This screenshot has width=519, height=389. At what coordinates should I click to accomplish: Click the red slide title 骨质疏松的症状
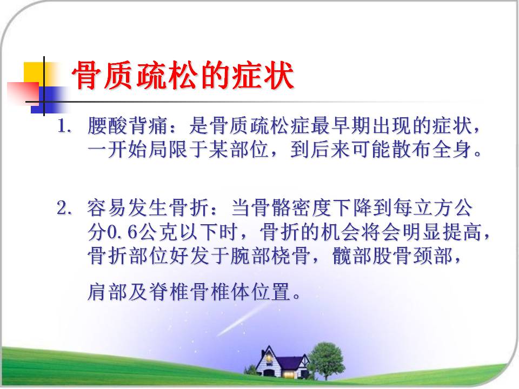[183, 76]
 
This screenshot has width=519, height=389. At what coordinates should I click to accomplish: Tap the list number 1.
[64, 126]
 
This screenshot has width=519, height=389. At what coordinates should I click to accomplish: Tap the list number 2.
[64, 208]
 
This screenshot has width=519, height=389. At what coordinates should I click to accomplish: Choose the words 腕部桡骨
[270, 256]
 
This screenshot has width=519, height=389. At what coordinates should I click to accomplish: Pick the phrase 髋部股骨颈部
[392, 256]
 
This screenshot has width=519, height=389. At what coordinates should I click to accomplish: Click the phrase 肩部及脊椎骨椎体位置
[189, 292]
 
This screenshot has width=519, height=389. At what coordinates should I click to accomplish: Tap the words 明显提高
[442, 232]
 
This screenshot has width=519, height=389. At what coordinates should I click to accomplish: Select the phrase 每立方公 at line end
[433, 208]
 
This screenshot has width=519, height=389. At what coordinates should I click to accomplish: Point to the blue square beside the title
[50, 99]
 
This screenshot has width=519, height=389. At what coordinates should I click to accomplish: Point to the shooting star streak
[242, 319]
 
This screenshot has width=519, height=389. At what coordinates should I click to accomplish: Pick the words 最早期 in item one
[341, 126]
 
